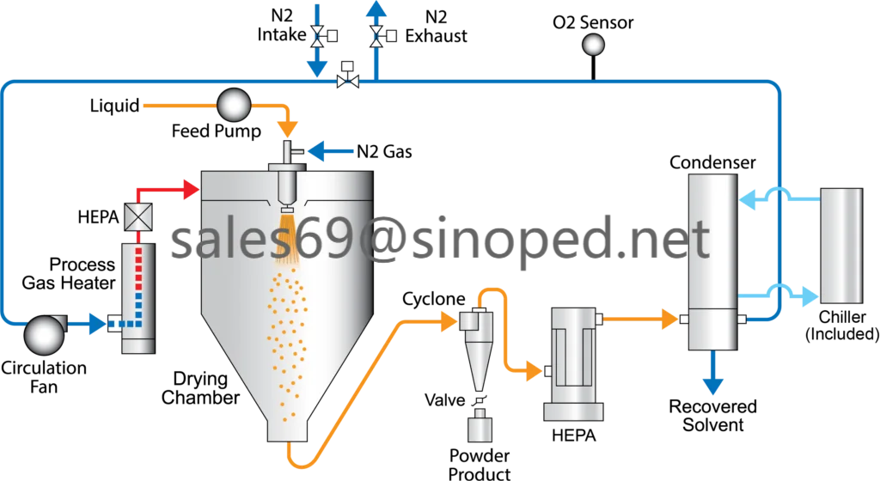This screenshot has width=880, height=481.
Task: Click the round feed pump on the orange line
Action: pyautogui.click(x=233, y=106)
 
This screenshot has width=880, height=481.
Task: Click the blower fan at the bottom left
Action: pyautogui.click(x=43, y=334)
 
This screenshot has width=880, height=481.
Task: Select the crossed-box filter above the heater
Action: pyautogui.click(x=138, y=217)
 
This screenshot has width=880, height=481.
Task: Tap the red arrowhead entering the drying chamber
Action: pyautogui.click(x=190, y=189)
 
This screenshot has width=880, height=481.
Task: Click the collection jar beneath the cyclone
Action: pyautogui.click(x=480, y=426)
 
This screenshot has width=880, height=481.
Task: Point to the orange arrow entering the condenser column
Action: pyautogui.click(x=669, y=320)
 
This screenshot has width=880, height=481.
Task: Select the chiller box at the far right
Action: pyautogui.click(x=841, y=246)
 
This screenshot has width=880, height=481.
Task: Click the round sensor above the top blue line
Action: pyautogui.click(x=593, y=45)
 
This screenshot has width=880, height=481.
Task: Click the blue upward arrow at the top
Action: pyautogui.click(x=376, y=10)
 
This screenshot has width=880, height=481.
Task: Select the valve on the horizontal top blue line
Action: pyautogui.click(x=348, y=81)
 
